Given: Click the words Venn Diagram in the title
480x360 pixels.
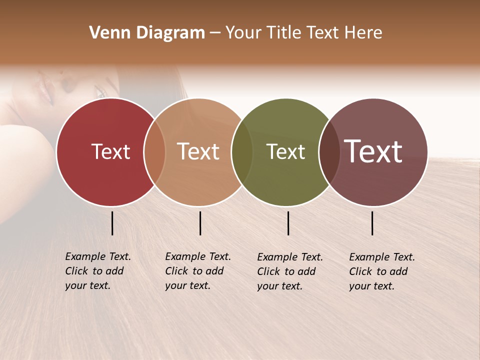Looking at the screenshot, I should pyautogui.click(x=147, y=33).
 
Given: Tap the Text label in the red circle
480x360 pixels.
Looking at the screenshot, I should pyautogui.click(x=110, y=151).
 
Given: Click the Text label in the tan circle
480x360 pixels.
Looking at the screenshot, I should pyautogui.click(x=198, y=151).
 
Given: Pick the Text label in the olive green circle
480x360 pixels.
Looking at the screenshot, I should pyautogui.click(x=285, y=151).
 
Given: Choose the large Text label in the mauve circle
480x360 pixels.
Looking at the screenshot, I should pyautogui.click(x=373, y=151).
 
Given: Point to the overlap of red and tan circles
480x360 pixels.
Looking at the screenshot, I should pyautogui.click(x=154, y=152).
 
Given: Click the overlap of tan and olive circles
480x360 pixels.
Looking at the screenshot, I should pyautogui.click(x=242, y=152).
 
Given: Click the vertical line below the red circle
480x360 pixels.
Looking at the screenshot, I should pyautogui.click(x=112, y=223).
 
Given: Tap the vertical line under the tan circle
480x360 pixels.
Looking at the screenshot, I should pyautogui.click(x=200, y=223).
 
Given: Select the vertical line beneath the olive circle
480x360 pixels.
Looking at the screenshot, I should pyautogui.click(x=288, y=223).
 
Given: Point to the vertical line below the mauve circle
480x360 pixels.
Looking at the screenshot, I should pyautogui.click(x=372, y=223).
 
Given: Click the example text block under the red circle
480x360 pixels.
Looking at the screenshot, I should pyautogui.click(x=98, y=271).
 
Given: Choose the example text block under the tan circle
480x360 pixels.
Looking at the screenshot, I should pyautogui.click(x=198, y=271).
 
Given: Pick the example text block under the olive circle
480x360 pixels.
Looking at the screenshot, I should pyautogui.click(x=290, y=271).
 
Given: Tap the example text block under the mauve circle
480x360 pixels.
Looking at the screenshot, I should pyautogui.click(x=382, y=271).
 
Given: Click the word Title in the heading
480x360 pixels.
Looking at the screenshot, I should pyautogui.click(x=286, y=33).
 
